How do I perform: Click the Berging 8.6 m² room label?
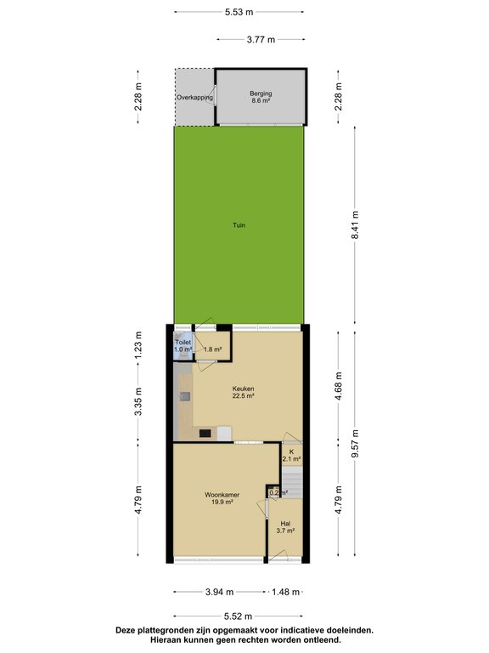click(260, 97)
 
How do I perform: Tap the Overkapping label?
click(194, 98)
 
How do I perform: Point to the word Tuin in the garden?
click(240, 225)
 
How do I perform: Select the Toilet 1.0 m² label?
click(183, 345)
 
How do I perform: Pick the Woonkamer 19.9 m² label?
click(221, 498)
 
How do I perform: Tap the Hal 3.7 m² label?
click(286, 526)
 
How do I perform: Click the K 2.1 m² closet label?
click(290, 456)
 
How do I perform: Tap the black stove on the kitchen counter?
click(205, 434)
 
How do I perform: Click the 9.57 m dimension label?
click(356, 442)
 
